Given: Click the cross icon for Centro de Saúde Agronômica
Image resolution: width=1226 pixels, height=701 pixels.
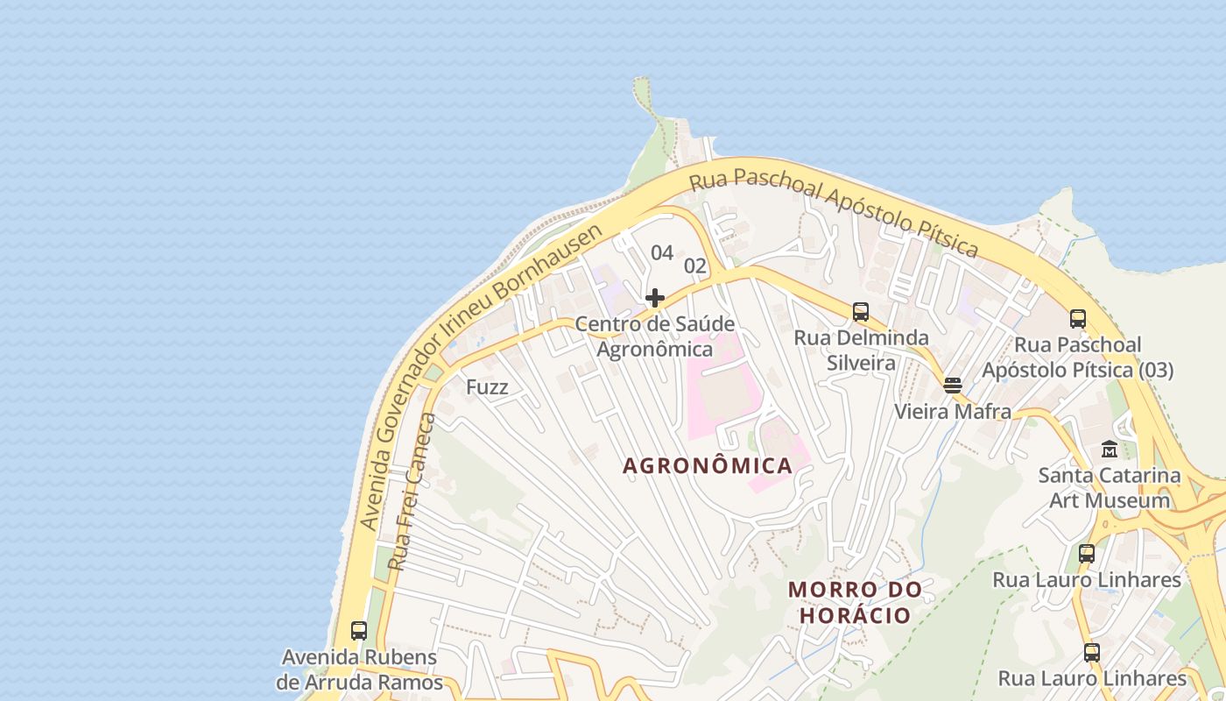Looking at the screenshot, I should [x=655, y=298].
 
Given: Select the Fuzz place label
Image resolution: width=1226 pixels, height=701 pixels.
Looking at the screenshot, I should [x=487, y=387].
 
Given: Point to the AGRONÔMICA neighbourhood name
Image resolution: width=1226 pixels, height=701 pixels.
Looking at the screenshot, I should [x=708, y=466].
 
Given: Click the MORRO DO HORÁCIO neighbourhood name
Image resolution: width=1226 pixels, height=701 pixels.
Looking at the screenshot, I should [x=856, y=602].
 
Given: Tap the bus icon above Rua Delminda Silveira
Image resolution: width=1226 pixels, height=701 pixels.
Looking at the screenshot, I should [x=861, y=312].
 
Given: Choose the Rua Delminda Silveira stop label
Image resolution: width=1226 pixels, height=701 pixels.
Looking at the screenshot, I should [x=861, y=350].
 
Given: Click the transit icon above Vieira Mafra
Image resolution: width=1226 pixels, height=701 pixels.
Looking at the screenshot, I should [x=953, y=385].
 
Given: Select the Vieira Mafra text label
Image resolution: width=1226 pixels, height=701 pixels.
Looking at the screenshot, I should [x=953, y=412].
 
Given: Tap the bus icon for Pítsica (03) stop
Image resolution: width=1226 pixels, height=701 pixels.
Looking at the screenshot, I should [x=1078, y=319].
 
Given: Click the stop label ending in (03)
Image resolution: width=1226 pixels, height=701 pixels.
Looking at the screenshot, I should [x=1077, y=358].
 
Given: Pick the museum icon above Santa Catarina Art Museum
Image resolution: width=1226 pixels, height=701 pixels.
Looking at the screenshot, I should [x=1110, y=450].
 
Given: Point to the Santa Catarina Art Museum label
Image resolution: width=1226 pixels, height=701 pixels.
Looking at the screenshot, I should [x=1110, y=488].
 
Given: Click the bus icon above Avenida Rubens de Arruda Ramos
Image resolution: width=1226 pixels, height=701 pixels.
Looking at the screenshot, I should [x=359, y=630].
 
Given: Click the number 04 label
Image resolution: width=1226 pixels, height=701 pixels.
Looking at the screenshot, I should [x=662, y=253].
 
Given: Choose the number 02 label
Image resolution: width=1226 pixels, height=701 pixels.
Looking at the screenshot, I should [x=694, y=266].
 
